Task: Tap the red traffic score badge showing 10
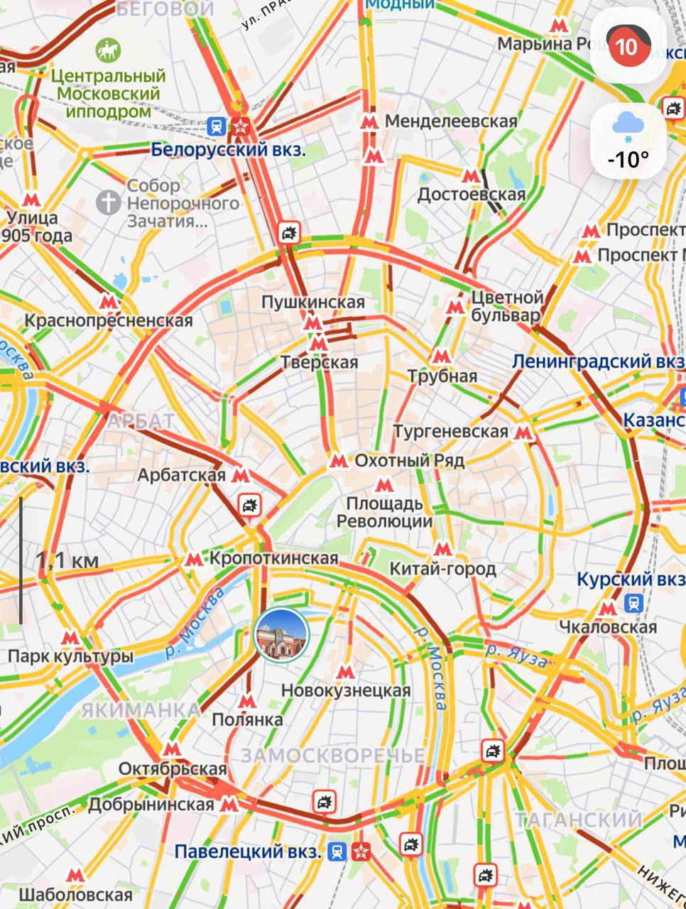click(626, 47)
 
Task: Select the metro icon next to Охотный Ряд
click(338, 462)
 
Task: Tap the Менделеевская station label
click(451, 121)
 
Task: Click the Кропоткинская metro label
click(273, 559)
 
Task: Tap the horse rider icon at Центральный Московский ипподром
click(109, 50)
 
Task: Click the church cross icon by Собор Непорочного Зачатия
click(109, 202)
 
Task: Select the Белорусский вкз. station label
click(229, 150)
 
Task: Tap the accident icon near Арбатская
click(249, 506)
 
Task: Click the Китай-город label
click(443, 569)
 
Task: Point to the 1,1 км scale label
click(67, 561)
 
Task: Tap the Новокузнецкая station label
click(346, 690)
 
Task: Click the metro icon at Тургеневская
click(523, 432)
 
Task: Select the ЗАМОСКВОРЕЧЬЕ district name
click(332, 756)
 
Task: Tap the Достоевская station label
click(472, 195)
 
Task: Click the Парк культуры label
click(70, 656)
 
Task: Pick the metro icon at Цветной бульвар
click(454, 307)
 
